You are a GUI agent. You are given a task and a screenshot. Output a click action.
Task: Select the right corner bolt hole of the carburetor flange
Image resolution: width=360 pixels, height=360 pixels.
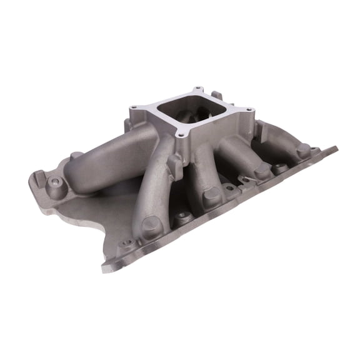[251, 111]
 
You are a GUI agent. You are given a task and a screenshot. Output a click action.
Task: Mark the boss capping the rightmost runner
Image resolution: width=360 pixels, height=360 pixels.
[304, 150]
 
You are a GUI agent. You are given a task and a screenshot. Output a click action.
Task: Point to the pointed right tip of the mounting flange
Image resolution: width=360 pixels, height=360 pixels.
[336, 149]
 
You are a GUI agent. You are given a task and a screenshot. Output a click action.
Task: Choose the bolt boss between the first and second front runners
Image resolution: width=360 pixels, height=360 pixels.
[182, 218]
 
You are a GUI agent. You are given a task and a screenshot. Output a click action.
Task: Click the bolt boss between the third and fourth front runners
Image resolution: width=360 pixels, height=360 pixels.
[281, 167]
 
